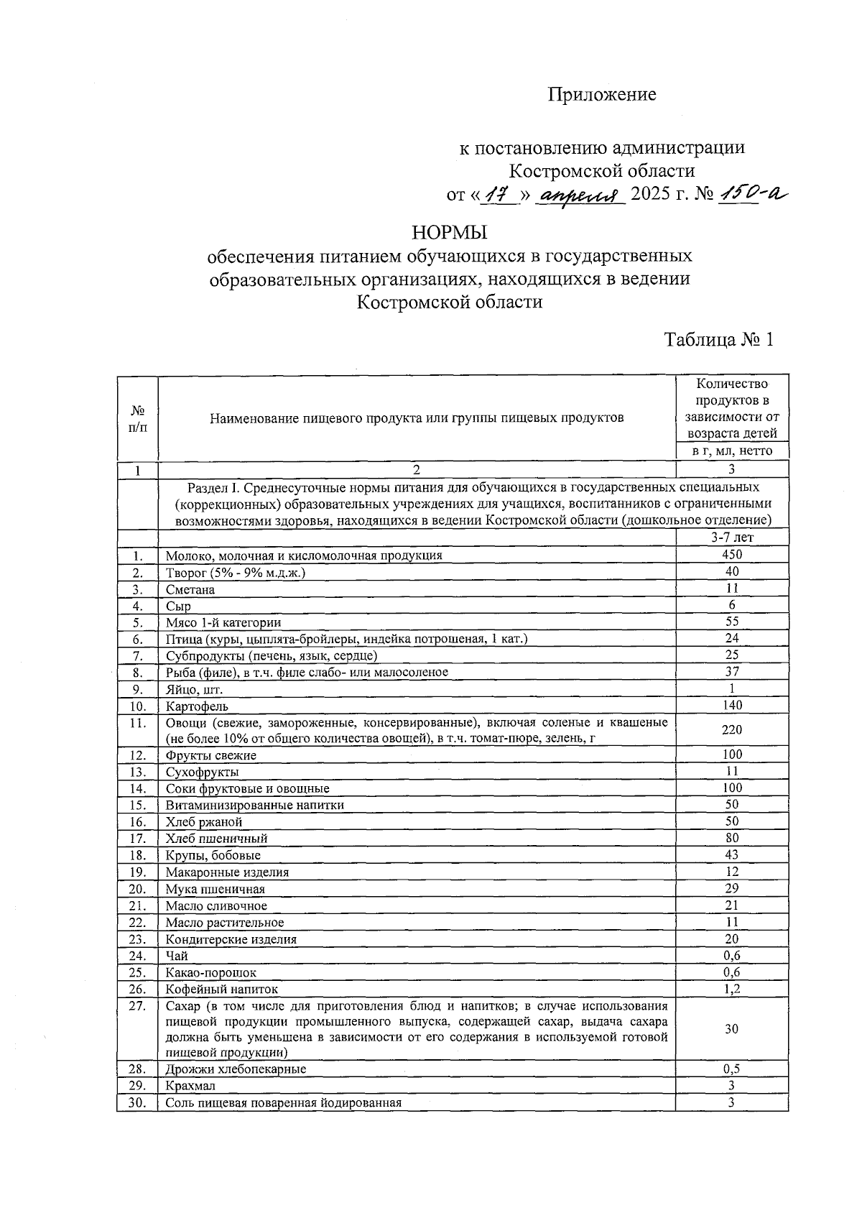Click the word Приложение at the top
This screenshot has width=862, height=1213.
(x=602, y=95)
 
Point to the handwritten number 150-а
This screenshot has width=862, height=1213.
(x=752, y=193)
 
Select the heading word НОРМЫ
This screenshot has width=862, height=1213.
(x=450, y=233)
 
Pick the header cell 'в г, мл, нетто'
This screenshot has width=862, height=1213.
(x=732, y=451)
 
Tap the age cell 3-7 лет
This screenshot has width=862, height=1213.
(x=732, y=537)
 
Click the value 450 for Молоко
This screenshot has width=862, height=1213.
(x=732, y=554)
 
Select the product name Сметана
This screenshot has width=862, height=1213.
(x=190, y=589)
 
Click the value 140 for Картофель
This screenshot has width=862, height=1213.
(x=732, y=705)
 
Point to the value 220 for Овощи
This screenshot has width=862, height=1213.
(x=732, y=729)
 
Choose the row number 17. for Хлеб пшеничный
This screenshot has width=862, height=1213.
(x=138, y=838)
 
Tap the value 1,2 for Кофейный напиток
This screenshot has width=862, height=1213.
(x=732, y=989)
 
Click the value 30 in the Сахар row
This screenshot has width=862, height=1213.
(x=731, y=1029)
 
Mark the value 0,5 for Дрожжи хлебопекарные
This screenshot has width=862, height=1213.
(x=732, y=1069)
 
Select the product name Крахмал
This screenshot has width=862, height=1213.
(x=190, y=1086)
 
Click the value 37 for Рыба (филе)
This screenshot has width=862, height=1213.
(x=732, y=671)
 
